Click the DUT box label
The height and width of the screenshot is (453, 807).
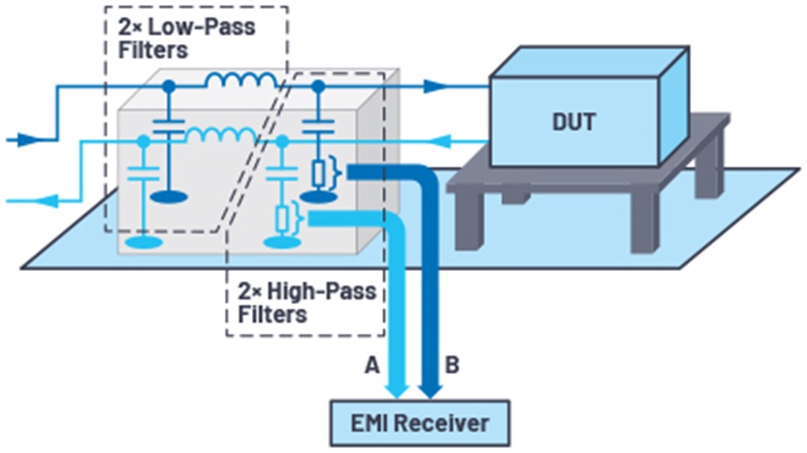coord(574,121)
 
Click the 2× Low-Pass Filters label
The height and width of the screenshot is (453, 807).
coord(186,37)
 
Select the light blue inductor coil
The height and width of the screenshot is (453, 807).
coord(220,137)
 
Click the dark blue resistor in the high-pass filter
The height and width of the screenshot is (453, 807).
coord(317,171)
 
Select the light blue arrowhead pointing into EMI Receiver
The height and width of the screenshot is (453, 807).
coord(397,387)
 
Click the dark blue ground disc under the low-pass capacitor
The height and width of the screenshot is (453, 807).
coord(168,196)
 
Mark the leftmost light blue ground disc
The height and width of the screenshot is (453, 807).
coord(143,241)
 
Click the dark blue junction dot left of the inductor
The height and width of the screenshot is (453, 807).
coord(168,86)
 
